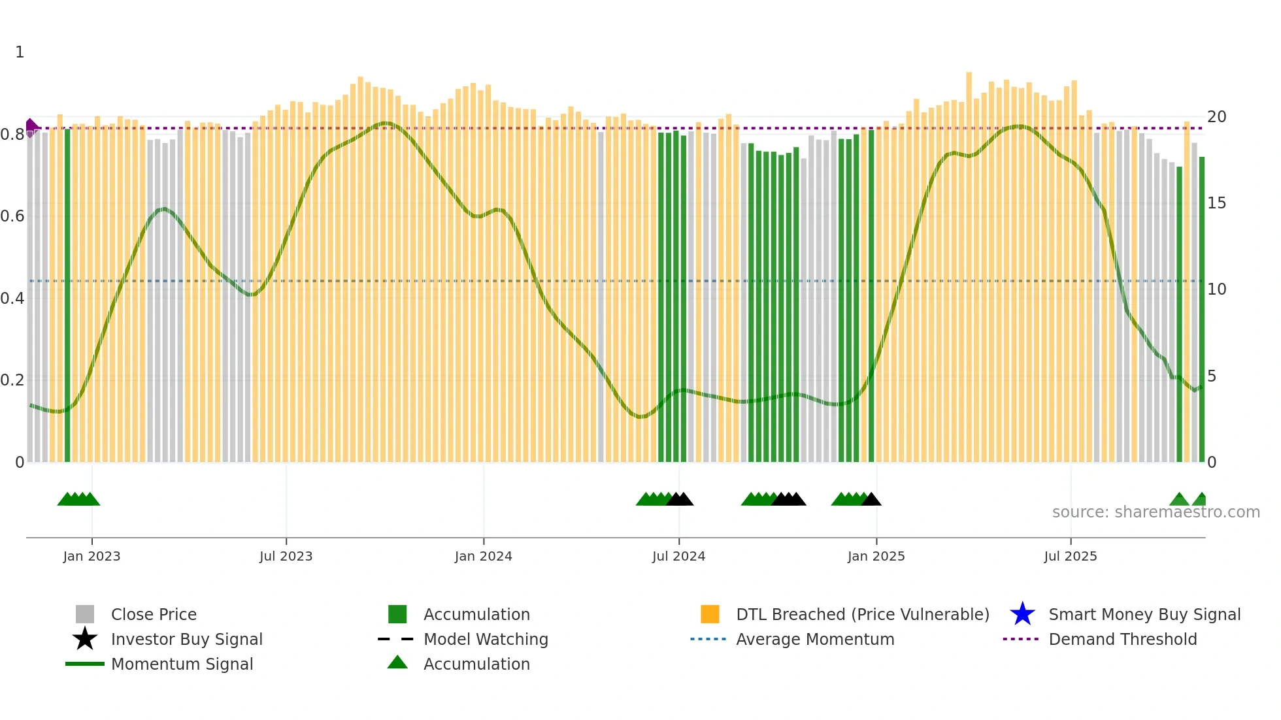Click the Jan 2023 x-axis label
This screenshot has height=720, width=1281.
(x=91, y=556)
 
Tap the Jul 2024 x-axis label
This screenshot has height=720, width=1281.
(x=678, y=556)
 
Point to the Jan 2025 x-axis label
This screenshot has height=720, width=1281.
(x=876, y=556)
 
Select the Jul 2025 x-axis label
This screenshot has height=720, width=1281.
(x=1070, y=556)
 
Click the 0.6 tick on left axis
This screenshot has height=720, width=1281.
(x=12, y=216)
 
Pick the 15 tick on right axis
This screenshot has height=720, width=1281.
(x=1216, y=203)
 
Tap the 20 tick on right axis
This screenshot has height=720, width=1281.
(x=1216, y=117)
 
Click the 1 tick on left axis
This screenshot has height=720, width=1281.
(x=20, y=52)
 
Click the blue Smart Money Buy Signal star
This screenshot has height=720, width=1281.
(x=1022, y=614)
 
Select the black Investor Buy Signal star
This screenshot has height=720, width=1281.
(x=85, y=639)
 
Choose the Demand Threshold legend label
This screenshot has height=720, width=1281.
(x=1122, y=639)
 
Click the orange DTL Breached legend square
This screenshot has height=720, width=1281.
(x=710, y=614)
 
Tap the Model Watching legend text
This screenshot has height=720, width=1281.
(x=486, y=639)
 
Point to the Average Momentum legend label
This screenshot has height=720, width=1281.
(x=815, y=639)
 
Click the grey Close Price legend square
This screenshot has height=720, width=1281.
(x=85, y=614)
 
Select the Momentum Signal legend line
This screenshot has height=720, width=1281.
(x=85, y=664)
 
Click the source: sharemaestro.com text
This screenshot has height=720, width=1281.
(x=1156, y=512)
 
